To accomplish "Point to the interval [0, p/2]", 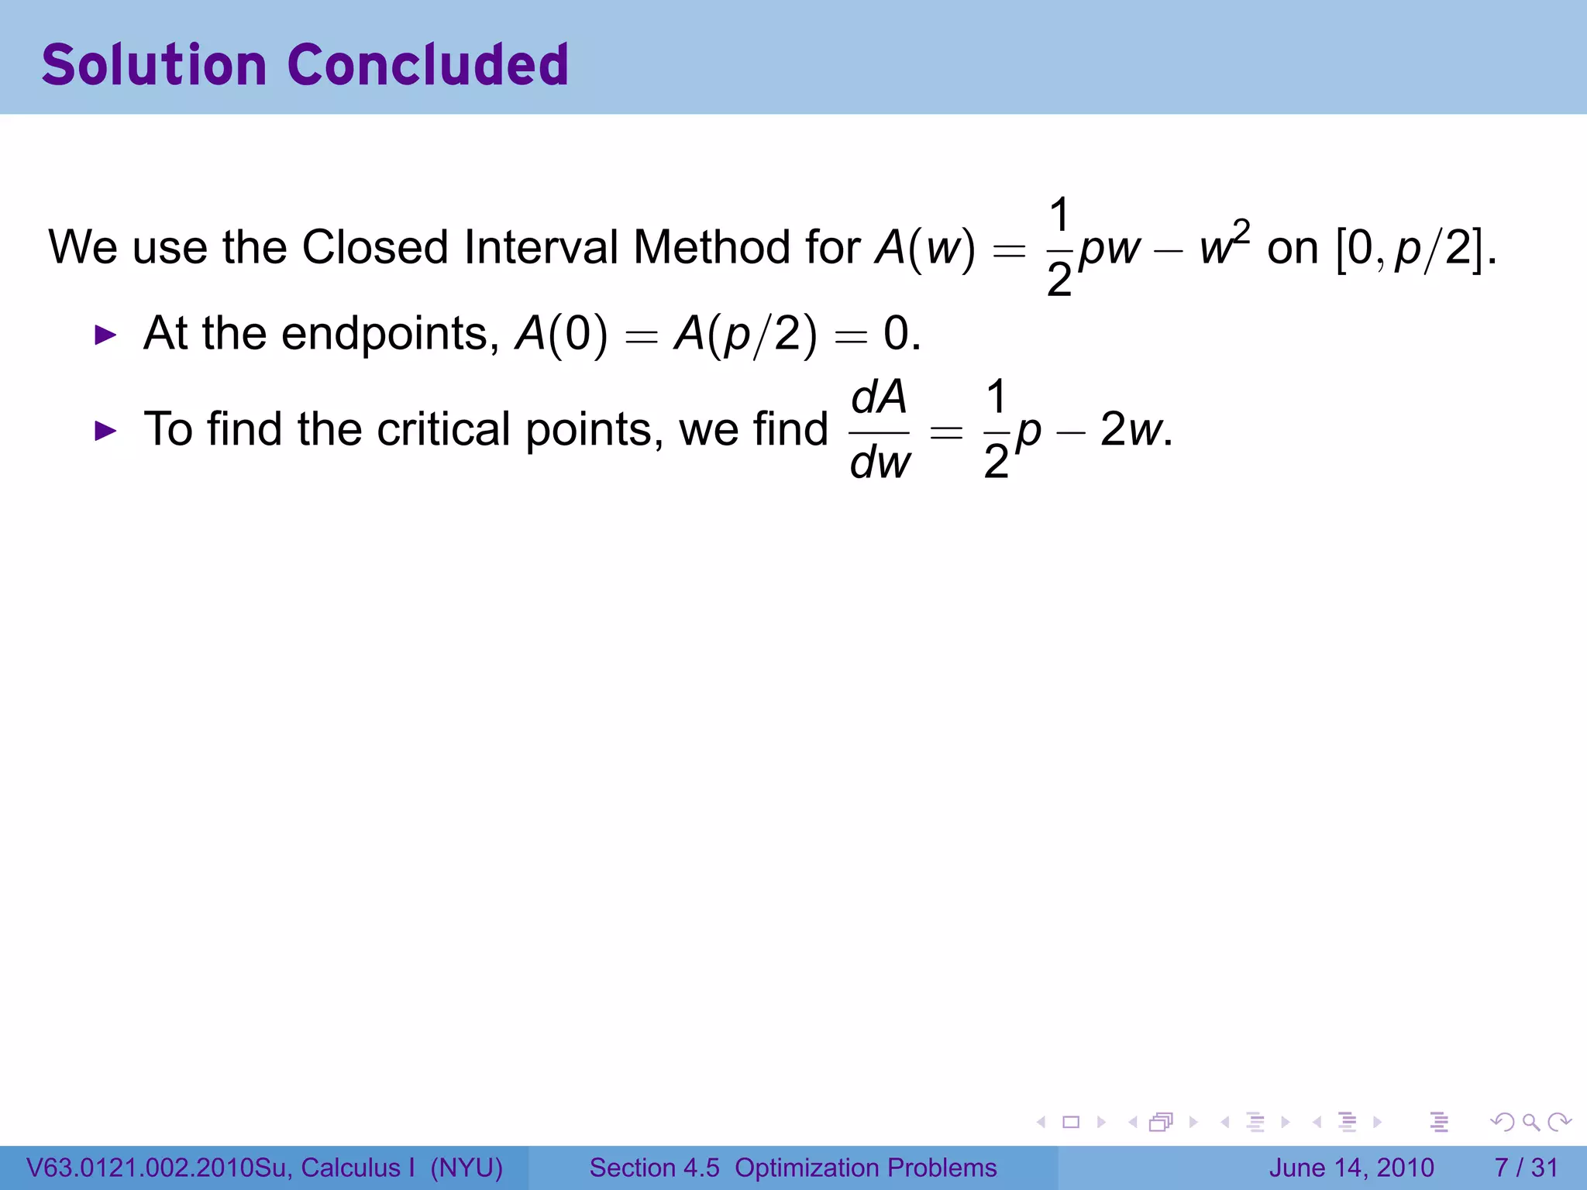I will [x=1415, y=248].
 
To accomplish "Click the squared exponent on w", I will [x=1241, y=231].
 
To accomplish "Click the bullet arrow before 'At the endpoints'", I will [x=105, y=335].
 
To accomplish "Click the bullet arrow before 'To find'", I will [x=105, y=431].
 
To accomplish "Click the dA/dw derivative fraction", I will [x=880, y=431].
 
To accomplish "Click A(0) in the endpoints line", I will [x=562, y=335].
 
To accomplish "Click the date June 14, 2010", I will [x=1351, y=1168].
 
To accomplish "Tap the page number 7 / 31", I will [x=1526, y=1168].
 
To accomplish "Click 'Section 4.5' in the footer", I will [x=655, y=1168].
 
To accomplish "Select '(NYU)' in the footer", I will [x=466, y=1168].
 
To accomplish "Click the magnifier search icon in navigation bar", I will [x=1530, y=1122].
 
